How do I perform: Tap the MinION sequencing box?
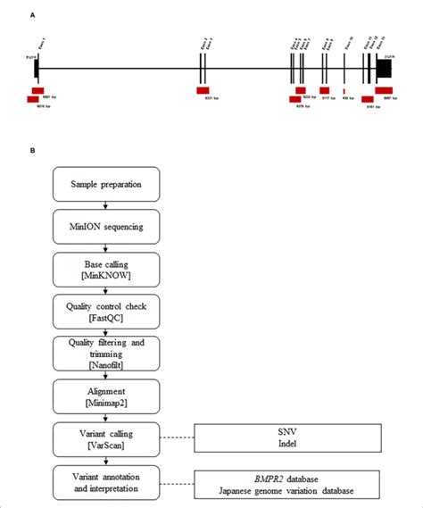106,226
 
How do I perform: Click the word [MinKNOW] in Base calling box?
106,274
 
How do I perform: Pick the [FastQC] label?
106,317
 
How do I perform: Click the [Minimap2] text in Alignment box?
106,403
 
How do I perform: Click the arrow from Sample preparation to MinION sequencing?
106,205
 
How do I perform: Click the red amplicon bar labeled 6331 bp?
203,90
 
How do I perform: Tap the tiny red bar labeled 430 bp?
344,91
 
